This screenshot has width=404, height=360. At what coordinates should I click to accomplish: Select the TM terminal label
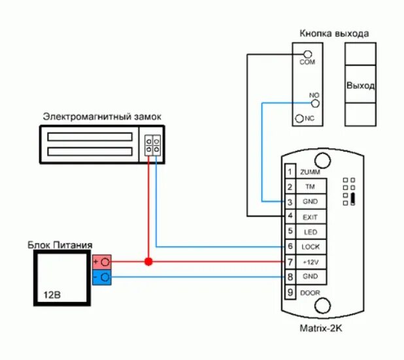(310, 188)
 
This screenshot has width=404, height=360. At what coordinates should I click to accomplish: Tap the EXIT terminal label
(310, 216)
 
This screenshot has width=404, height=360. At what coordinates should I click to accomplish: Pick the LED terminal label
(310, 231)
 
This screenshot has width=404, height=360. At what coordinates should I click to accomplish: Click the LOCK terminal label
(310, 246)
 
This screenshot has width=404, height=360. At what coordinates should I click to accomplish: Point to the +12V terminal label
(310, 261)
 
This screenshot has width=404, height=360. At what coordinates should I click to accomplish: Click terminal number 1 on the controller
(289, 172)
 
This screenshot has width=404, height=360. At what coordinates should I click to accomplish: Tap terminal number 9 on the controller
(289, 293)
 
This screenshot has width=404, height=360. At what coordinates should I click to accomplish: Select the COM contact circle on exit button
(308, 54)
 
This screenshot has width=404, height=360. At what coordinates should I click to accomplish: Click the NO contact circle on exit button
(315, 103)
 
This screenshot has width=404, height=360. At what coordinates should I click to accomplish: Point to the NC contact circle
(300, 118)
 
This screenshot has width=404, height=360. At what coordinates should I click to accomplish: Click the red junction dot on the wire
(148, 261)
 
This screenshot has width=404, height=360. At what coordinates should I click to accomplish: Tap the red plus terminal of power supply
(103, 261)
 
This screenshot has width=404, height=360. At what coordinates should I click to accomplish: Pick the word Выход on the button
(360, 86)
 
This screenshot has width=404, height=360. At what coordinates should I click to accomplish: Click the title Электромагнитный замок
(102, 116)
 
